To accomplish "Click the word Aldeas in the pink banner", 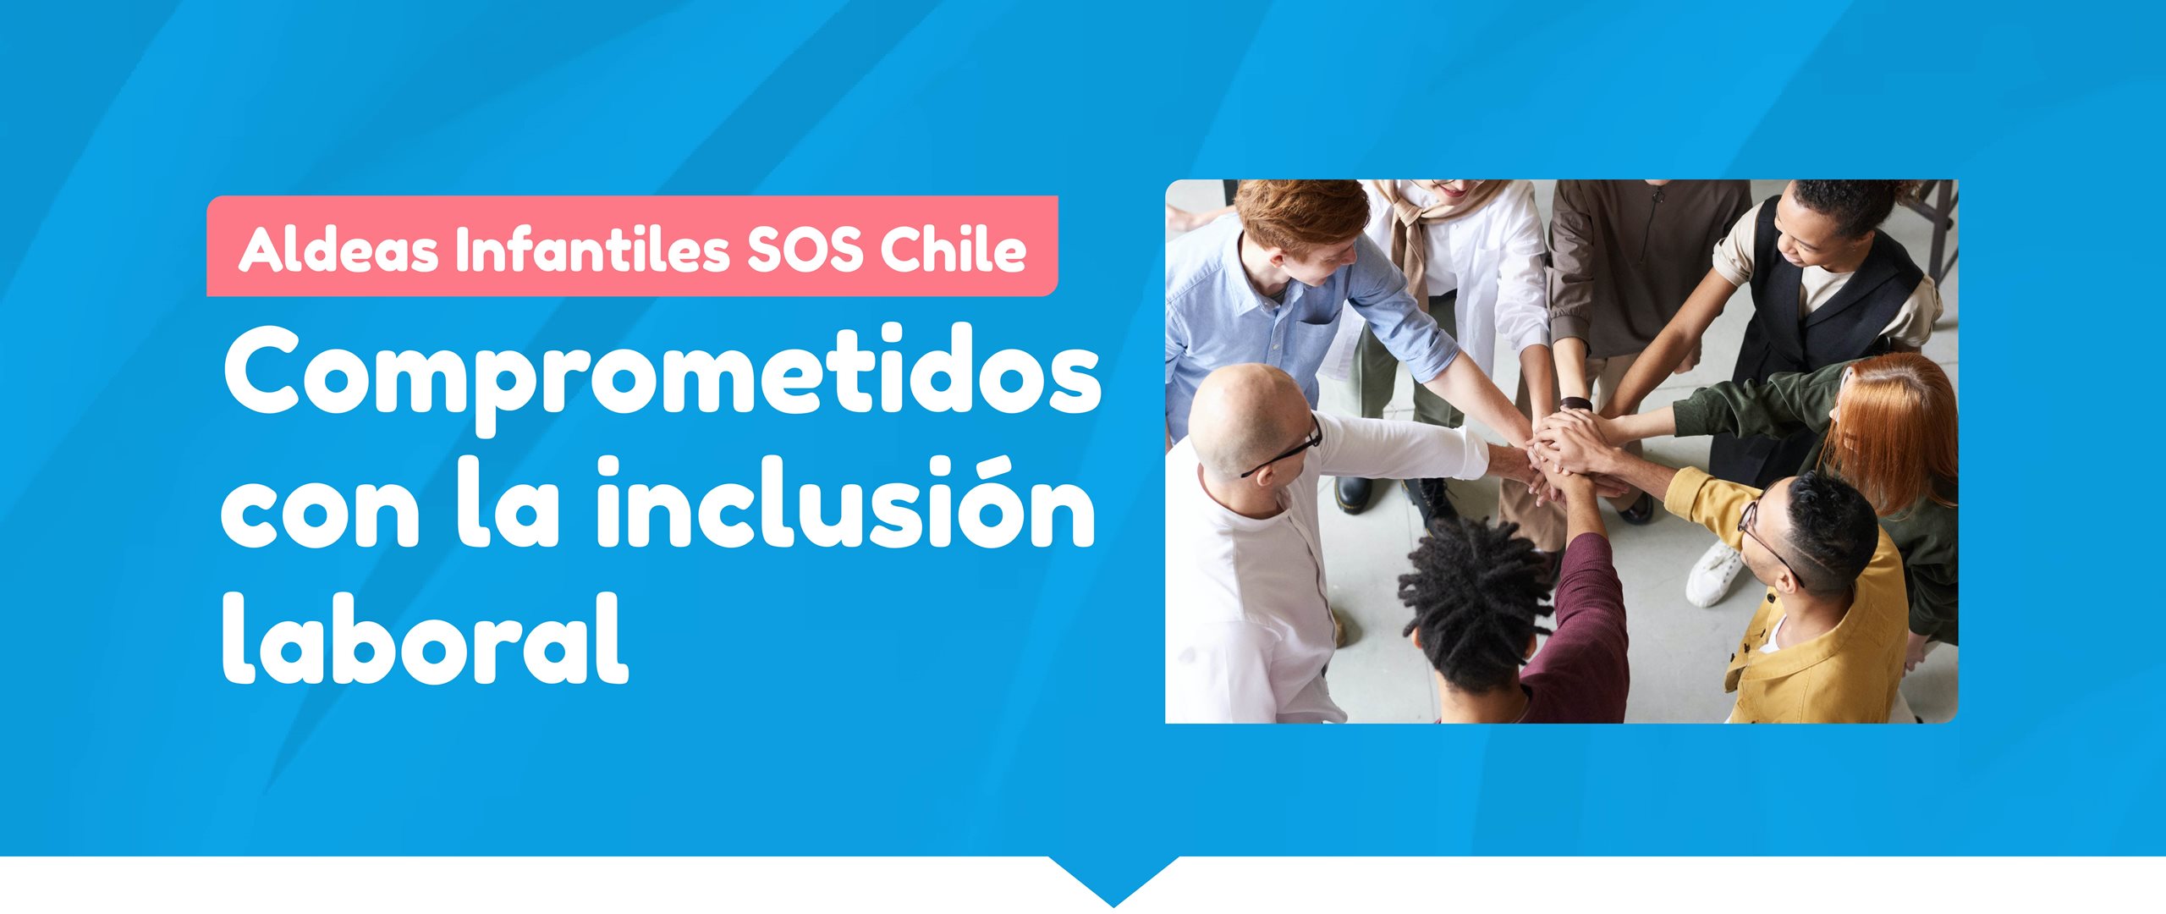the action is (x=337, y=249).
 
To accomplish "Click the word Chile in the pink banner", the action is (x=953, y=249).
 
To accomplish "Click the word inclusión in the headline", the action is (x=846, y=501).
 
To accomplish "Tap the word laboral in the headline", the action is (x=425, y=636).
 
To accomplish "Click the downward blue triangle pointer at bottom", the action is (x=1113, y=880).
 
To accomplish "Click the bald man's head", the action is (x=1249, y=423).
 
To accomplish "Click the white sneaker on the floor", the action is (x=1714, y=572).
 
